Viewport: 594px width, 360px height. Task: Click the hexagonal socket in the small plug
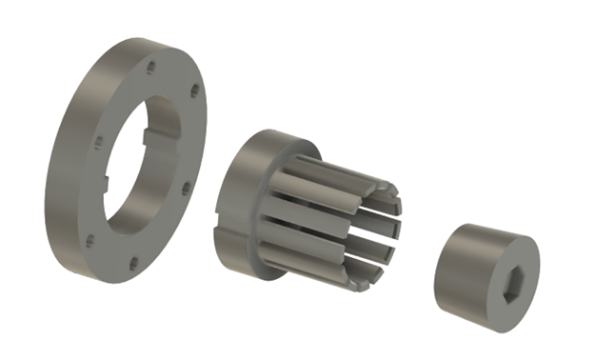(511, 282)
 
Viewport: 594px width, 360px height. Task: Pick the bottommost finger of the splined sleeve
(324, 270)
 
